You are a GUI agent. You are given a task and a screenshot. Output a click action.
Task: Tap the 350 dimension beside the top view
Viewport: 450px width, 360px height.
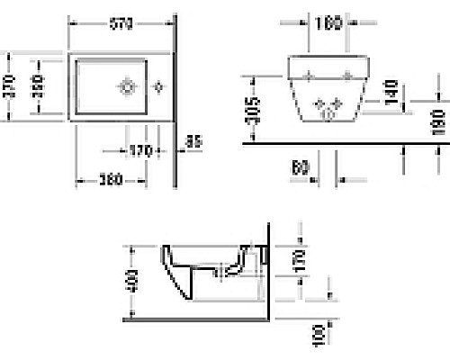[x=40, y=85]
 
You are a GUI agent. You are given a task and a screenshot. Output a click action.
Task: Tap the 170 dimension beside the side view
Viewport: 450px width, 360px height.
[x=300, y=261]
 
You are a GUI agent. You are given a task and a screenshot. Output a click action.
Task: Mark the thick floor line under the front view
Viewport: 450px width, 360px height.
[x=342, y=143]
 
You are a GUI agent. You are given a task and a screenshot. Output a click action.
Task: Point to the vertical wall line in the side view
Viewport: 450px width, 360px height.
[x=268, y=270]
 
